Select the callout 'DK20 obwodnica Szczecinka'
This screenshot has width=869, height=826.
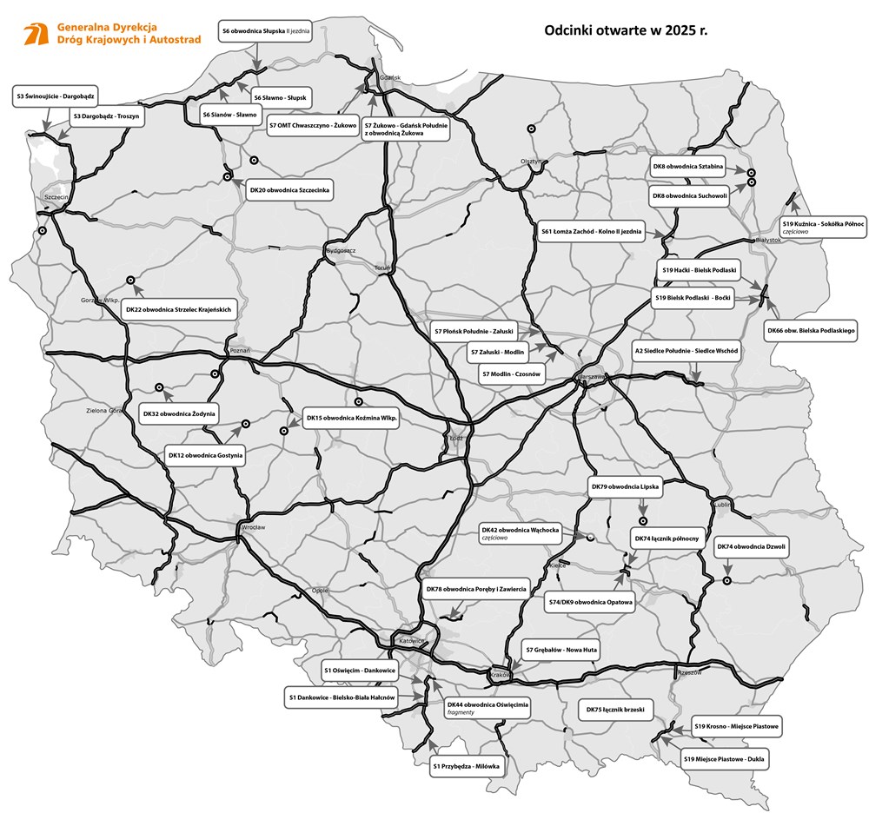289,189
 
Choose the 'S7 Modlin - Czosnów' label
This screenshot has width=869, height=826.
511,373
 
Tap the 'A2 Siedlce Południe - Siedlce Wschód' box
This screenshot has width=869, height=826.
687,352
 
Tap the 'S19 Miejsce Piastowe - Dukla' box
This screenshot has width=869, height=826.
726,759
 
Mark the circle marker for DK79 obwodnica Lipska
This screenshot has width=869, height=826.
643,521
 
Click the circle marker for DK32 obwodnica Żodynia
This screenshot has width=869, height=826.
158,387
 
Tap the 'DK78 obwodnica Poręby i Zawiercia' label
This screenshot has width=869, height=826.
476,590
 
